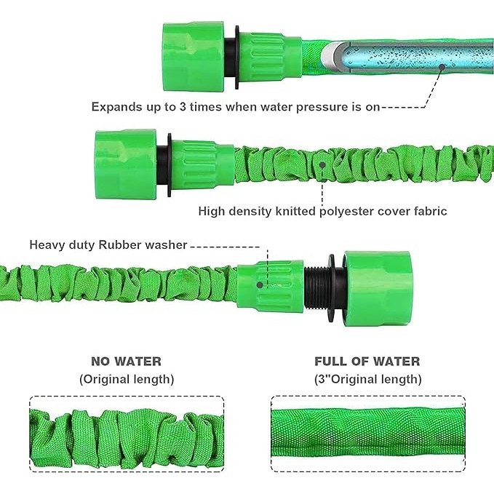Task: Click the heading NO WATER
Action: (126, 361)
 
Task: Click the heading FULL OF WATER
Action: (367, 361)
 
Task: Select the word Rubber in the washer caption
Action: (120, 244)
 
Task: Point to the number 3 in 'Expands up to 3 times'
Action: (183, 107)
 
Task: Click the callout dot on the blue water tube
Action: (442, 67)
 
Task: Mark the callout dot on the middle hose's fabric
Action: (322, 164)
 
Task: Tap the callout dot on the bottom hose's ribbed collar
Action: (260, 285)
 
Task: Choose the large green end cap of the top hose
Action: (194, 57)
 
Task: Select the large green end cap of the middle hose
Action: (126, 164)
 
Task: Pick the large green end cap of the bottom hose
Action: (378, 288)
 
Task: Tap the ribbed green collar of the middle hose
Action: (203, 164)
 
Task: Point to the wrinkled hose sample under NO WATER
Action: (127, 439)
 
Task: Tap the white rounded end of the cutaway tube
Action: (330, 56)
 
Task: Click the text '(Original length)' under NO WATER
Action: (127, 379)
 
